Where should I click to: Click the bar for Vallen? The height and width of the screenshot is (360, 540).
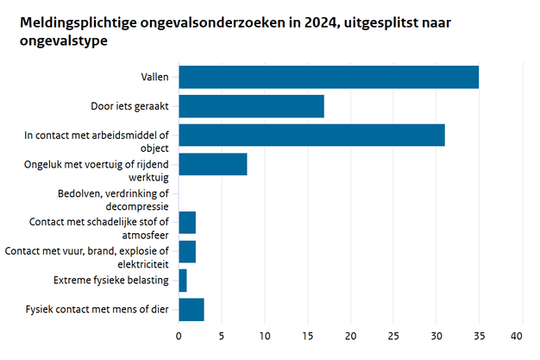pyautogui.click(x=328, y=77)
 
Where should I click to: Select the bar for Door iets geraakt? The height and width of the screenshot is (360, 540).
pyautogui.click(x=251, y=106)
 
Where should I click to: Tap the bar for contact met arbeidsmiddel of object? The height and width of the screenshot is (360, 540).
pyautogui.click(x=311, y=136)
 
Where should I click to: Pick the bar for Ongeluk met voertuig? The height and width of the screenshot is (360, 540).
pyautogui.click(x=213, y=164)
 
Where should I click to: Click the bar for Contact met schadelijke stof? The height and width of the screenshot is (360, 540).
pyautogui.click(x=187, y=223)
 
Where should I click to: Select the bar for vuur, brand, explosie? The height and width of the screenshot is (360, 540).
pyautogui.click(x=187, y=251)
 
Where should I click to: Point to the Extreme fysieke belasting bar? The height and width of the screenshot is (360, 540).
pyautogui.click(x=183, y=281)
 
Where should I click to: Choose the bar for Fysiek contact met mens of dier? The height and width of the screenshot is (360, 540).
pyautogui.click(x=192, y=309)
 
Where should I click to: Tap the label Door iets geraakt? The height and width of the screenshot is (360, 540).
pyautogui.click(x=129, y=106)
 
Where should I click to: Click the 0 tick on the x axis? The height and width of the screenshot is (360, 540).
pyautogui.click(x=179, y=335)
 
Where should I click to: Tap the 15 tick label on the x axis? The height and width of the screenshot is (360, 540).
pyautogui.click(x=308, y=335)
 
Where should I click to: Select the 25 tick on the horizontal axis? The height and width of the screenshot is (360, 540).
pyautogui.click(x=393, y=335)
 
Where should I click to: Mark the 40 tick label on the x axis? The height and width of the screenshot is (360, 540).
pyautogui.click(x=518, y=335)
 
